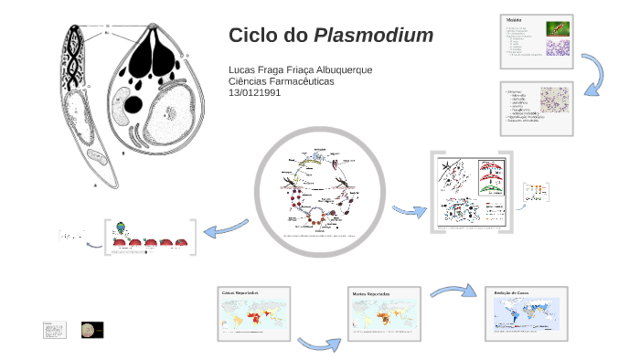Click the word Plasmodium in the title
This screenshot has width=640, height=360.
(x=374, y=36)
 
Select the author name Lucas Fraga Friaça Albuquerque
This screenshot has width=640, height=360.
(x=300, y=70)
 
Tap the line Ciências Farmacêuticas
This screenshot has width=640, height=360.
(x=281, y=81)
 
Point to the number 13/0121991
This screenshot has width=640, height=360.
(x=255, y=92)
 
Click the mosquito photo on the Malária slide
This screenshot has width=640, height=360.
(x=555, y=28)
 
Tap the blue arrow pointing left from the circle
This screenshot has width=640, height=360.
(x=225, y=225)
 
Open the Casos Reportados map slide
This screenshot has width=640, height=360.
(x=255, y=315)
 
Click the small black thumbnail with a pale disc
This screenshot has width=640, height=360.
(x=92, y=330)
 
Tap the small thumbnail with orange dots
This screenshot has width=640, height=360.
(x=536, y=192)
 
